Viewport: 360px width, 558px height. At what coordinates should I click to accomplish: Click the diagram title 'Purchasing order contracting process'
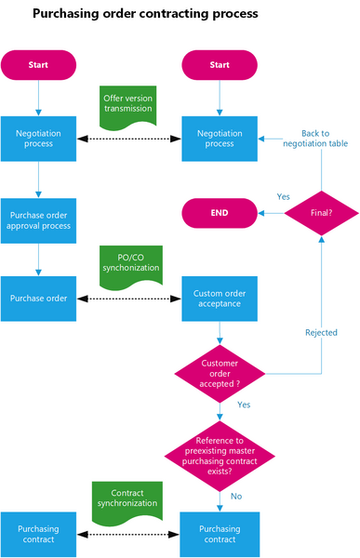click(x=144, y=15)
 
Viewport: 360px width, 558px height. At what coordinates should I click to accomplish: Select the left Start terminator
click(x=38, y=65)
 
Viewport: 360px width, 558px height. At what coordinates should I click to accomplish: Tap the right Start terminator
click(x=220, y=65)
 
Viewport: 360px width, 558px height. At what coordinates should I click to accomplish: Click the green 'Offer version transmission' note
click(x=128, y=106)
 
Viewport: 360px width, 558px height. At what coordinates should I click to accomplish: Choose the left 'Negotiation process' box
click(x=38, y=139)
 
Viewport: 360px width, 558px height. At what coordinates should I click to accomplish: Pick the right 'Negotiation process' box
click(x=220, y=139)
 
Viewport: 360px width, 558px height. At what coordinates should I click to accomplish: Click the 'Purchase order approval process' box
click(x=38, y=219)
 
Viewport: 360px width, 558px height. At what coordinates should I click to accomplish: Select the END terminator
click(x=220, y=213)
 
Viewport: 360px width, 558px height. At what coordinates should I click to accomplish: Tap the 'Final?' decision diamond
click(x=321, y=213)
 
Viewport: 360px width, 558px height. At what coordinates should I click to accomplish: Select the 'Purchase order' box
click(x=38, y=299)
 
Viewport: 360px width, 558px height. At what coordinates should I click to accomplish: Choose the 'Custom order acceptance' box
click(x=220, y=299)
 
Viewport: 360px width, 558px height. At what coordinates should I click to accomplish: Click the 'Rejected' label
click(x=321, y=332)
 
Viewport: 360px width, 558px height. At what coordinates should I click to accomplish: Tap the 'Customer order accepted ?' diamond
click(x=220, y=373)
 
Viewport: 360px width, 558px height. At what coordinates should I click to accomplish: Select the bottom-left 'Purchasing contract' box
click(x=38, y=535)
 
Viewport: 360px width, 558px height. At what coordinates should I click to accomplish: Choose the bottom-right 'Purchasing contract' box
click(x=220, y=535)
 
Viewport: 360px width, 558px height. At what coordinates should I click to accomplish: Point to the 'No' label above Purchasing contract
click(x=235, y=497)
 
